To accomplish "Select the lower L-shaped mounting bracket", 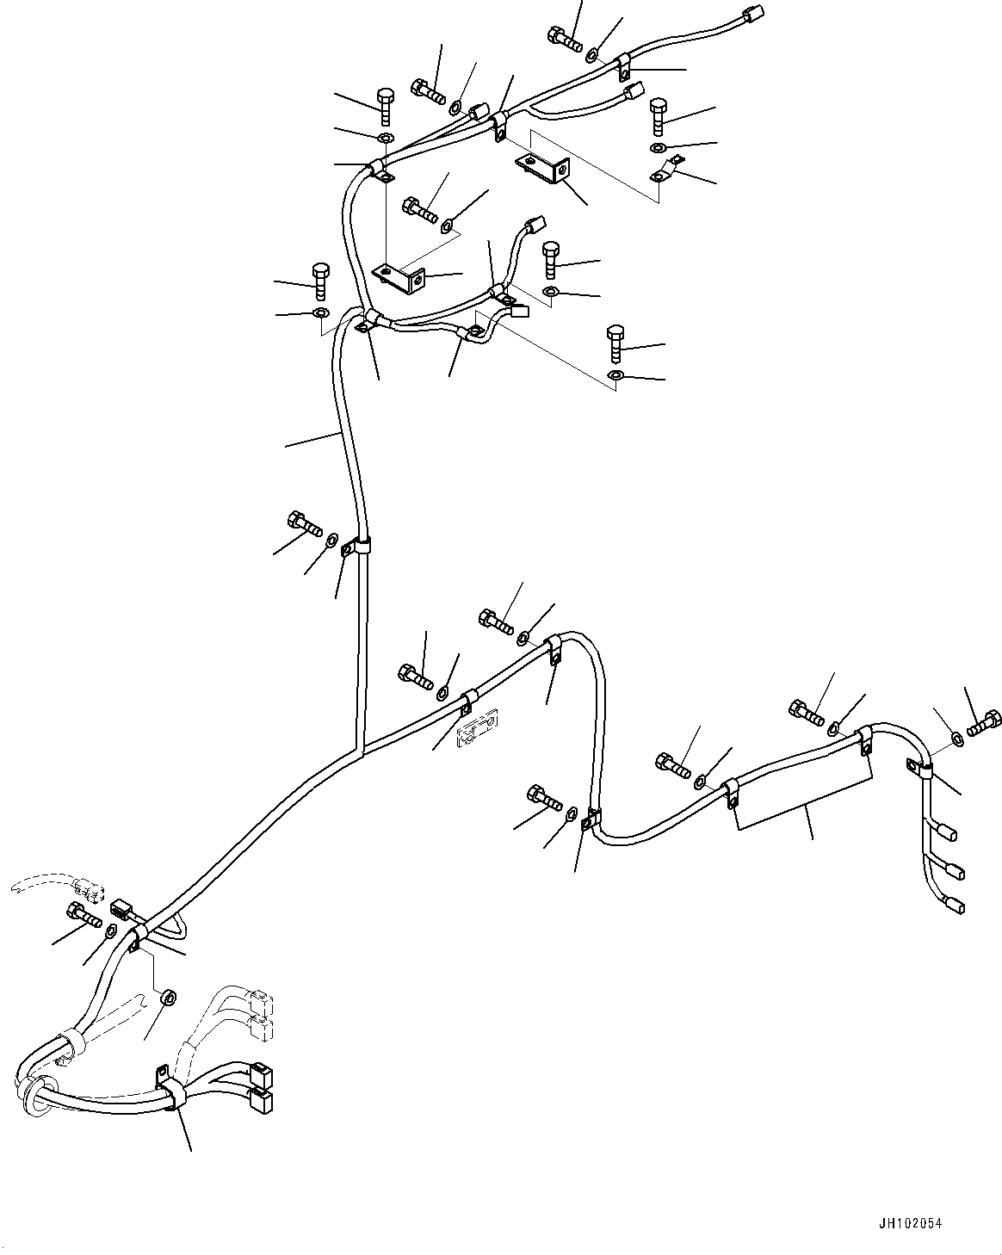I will (x=400, y=276).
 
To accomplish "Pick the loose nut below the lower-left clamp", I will (x=170, y=999).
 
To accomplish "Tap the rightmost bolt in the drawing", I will (x=985, y=722).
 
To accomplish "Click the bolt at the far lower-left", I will (x=83, y=915).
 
